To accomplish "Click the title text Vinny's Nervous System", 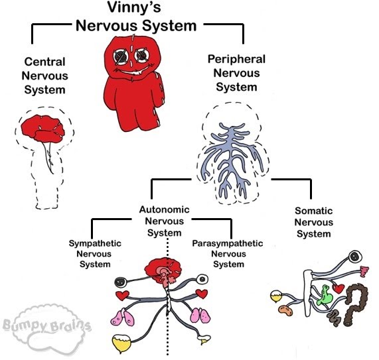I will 135,18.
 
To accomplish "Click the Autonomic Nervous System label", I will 164,221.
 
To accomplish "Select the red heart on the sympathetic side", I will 122,294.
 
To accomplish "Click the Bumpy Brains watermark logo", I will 46,327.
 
